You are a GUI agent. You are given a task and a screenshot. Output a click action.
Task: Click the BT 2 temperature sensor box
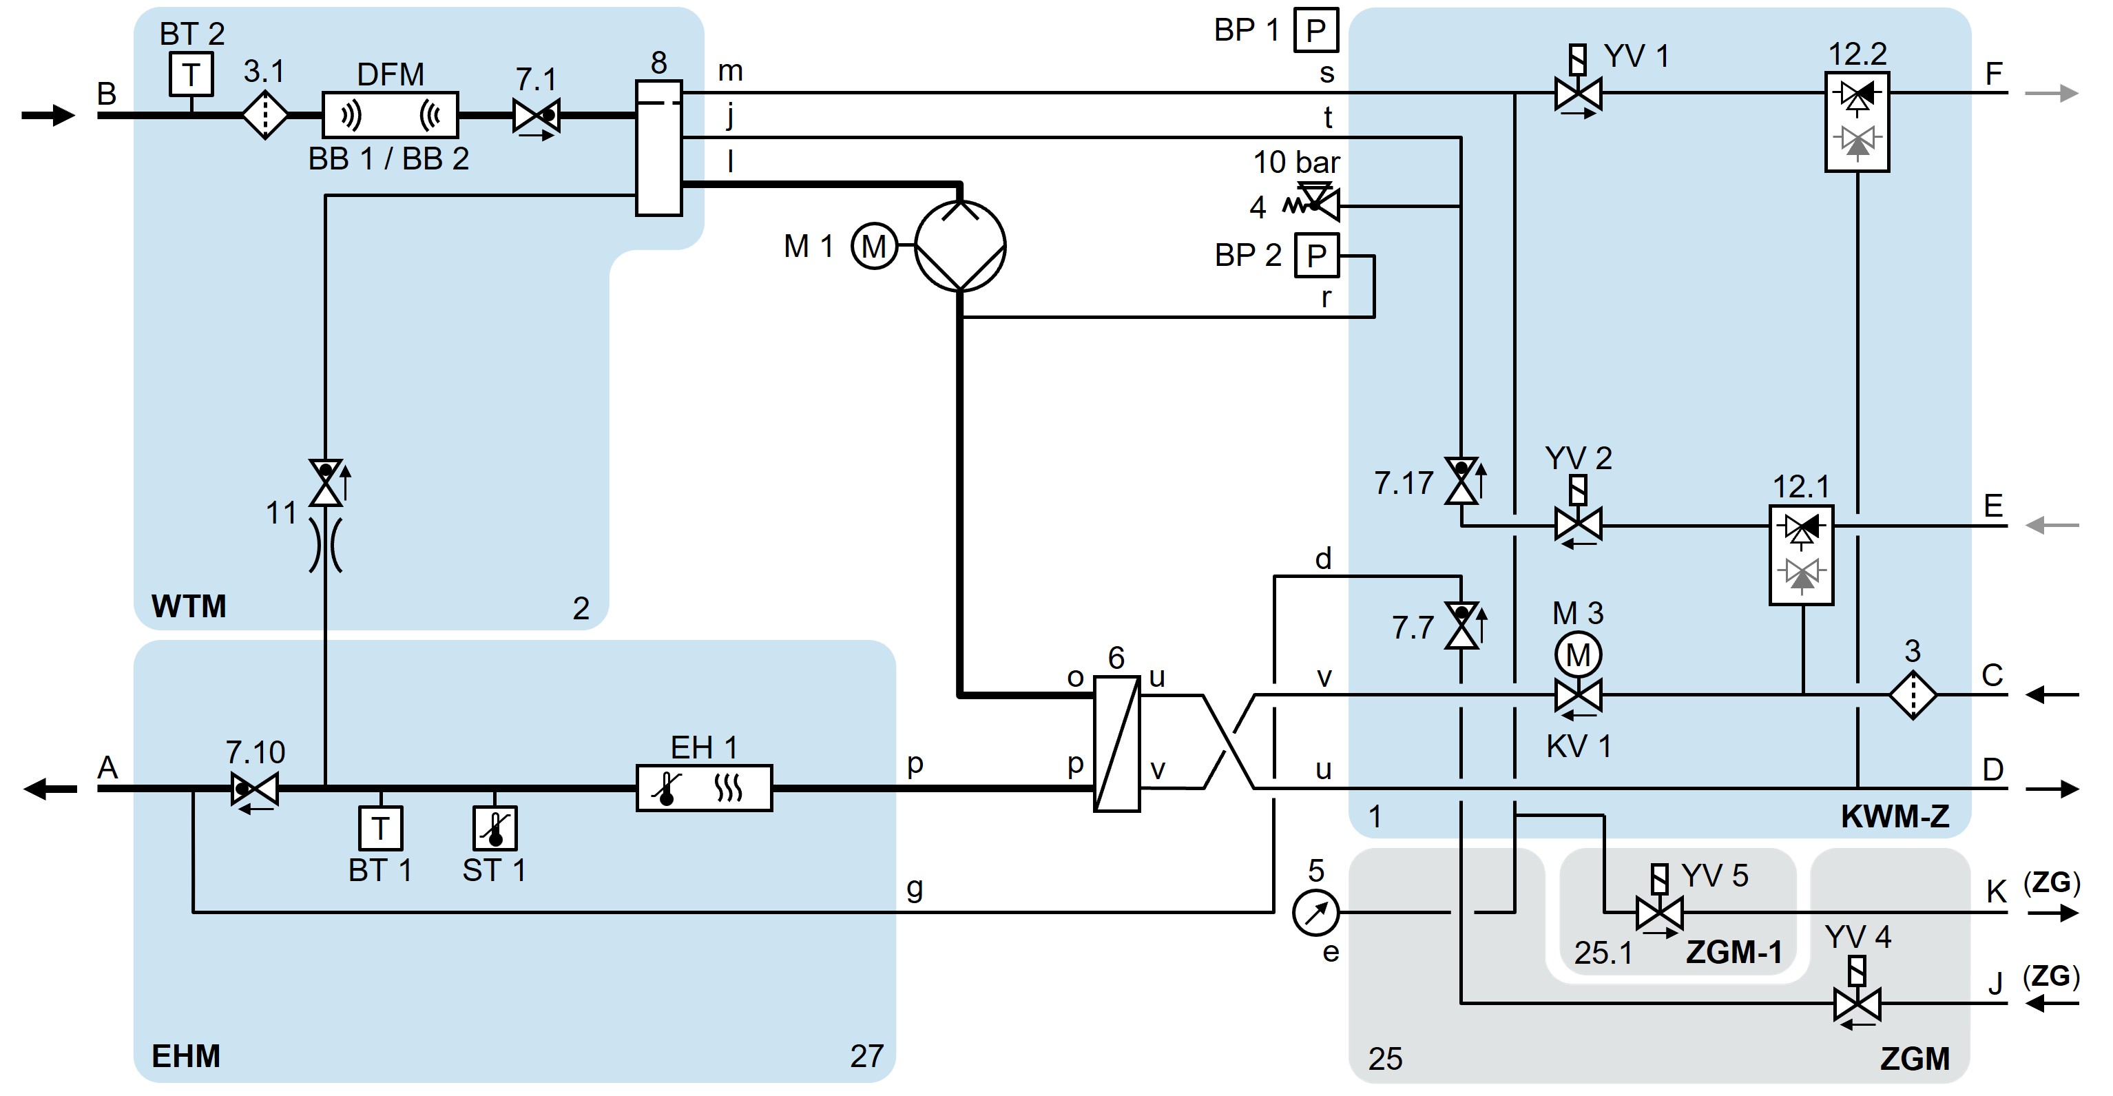[x=191, y=74]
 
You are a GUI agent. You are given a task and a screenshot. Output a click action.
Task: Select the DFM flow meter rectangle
[x=391, y=115]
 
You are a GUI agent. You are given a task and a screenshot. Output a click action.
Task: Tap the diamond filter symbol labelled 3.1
[x=265, y=116]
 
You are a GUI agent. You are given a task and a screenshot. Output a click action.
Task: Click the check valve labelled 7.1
[x=537, y=116]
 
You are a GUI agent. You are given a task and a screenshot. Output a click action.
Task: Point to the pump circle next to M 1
[x=959, y=246]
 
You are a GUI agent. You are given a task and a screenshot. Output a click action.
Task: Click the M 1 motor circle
[x=873, y=245]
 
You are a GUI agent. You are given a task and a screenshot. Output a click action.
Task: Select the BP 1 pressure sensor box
[x=1315, y=30]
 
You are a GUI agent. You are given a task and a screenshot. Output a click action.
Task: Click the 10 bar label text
[x=1296, y=162]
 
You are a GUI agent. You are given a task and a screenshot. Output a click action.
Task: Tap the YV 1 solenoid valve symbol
[x=1578, y=93]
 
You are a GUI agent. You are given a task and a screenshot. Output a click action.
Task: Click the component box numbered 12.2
[x=1857, y=121]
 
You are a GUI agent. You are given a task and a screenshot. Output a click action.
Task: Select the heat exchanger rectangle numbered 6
[x=1117, y=743]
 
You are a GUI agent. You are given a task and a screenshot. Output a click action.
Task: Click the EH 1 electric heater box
[x=704, y=788]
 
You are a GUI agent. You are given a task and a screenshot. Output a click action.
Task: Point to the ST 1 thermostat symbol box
[x=495, y=829]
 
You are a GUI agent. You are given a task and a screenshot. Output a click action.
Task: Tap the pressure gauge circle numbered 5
[x=1315, y=912]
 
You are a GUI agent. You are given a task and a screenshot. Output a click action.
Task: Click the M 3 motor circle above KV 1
[x=1578, y=654]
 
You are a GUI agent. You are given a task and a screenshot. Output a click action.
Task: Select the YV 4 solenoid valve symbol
[x=1857, y=1003]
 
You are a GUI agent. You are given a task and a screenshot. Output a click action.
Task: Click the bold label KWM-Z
[x=1895, y=816]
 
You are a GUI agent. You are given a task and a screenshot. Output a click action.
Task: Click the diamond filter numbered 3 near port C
[x=1913, y=696]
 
